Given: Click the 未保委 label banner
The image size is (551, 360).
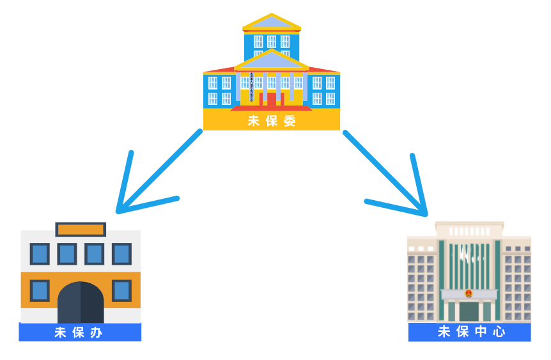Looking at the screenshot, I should click(272, 121).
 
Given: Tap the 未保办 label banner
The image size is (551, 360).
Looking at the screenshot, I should click(80, 333).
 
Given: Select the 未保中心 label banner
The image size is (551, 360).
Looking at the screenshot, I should click(470, 332).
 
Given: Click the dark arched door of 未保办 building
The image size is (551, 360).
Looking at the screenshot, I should click(81, 303).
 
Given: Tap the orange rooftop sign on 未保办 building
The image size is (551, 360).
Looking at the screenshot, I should click(81, 229).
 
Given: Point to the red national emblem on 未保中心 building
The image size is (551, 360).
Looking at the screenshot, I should click(469, 293).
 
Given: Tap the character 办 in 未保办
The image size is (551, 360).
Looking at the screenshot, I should click(97, 333).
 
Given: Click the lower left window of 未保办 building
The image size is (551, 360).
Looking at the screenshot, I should click(40, 290).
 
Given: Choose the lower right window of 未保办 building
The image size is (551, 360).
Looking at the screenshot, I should click(121, 290).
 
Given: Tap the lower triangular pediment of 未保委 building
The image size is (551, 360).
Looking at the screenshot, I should click(272, 61).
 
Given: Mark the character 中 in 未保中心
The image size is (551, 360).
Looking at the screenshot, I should click(481, 332).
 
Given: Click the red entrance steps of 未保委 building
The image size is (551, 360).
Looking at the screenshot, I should click(272, 108).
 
